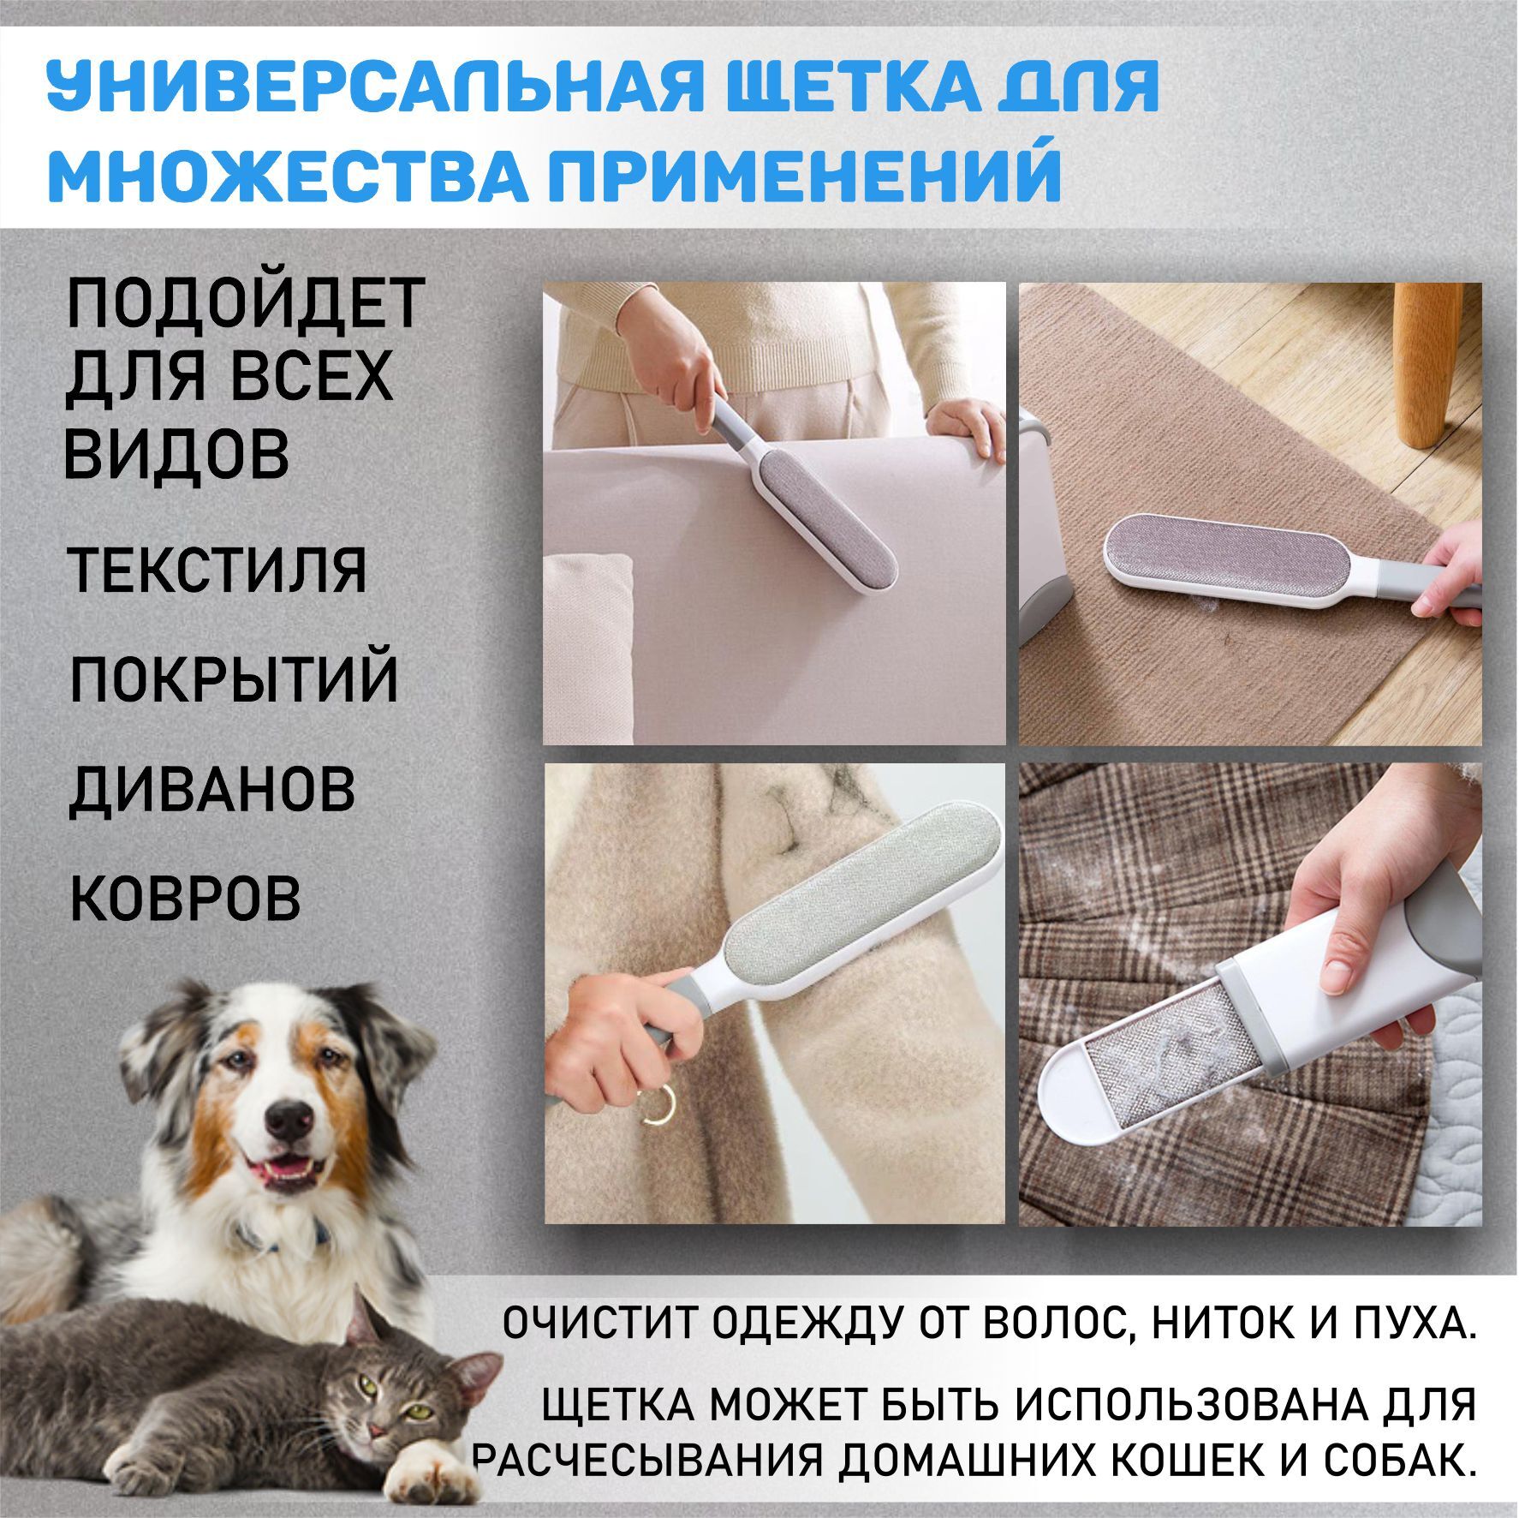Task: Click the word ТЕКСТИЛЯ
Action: (x=217, y=570)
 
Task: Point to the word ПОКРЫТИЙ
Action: (x=234, y=679)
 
